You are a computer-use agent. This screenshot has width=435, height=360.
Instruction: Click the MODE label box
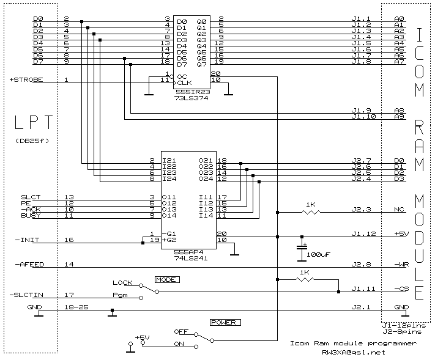[x=167, y=280]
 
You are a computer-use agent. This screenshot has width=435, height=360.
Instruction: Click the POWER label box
[x=225, y=322]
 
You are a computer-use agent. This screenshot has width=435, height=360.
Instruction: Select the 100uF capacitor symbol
[x=302, y=249]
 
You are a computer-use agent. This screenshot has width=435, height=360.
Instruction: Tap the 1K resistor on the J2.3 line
[x=311, y=212]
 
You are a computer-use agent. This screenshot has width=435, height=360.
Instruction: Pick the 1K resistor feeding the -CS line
[x=305, y=280]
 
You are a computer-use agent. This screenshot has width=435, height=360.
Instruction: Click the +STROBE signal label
[x=26, y=80]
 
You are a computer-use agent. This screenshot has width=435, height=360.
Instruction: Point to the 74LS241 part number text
[x=191, y=258]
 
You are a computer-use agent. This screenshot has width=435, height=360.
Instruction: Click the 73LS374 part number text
[x=191, y=98]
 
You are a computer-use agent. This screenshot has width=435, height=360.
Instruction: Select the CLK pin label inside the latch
[x=185, y=83]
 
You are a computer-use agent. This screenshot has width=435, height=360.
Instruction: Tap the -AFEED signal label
[x=29, y=265]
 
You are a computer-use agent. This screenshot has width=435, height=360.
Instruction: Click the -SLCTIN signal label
[x=26, y=295]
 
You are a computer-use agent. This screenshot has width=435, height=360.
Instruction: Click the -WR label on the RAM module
[x=401, y=265]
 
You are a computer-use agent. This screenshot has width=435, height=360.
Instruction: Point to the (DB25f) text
[x=32, y=141]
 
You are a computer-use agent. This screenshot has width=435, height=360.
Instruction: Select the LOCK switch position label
[x=122, y=282]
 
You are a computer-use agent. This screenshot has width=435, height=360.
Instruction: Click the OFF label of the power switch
[x=181, y=331]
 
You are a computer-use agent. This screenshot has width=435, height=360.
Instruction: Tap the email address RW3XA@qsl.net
[x=354, y=353]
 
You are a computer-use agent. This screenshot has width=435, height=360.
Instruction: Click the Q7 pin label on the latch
[x=201, y=65]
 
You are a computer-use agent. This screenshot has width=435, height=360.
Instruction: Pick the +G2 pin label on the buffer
[x=169, y=240]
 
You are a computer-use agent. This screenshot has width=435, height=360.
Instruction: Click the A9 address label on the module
[x=400, y=116]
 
